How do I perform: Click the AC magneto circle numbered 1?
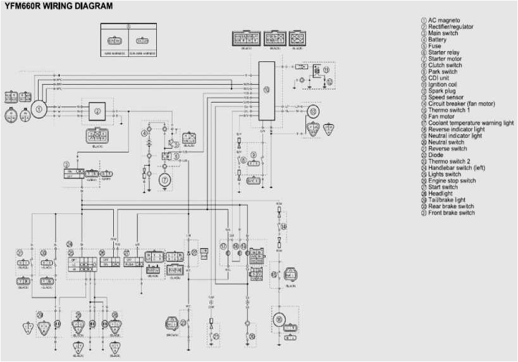click(x=39, y=109)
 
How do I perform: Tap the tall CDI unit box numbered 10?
click(x=266, y=91)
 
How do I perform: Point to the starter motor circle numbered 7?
click(x=165, y=180)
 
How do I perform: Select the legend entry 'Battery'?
click(x=437, y=39)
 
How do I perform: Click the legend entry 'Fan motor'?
click(x=441, y=116)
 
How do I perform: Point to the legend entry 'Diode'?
click(x=436, y=155)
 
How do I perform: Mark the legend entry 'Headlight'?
click(x=441, y=194)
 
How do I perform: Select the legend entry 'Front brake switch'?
click(x=451, y=213)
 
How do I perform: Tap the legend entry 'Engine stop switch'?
click(x=452, y=180)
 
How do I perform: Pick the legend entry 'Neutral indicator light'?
click(x=455, y=135)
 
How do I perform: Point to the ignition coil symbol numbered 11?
click(x=326, y=68)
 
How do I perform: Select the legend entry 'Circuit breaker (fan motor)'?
click(x=461, y=103)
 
